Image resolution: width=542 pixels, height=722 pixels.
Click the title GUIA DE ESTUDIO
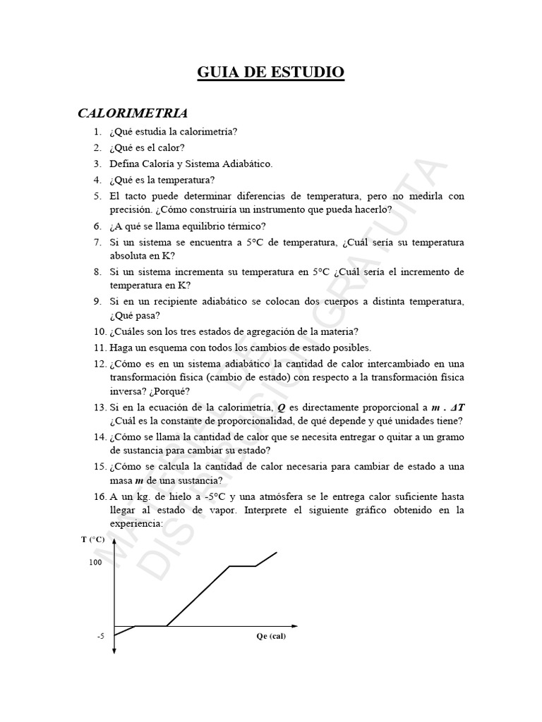[270, 72]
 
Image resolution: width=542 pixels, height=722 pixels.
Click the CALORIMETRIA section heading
[132, 113]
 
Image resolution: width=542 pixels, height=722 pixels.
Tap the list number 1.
[96, 132]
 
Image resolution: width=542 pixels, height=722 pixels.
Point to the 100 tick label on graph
[95, 563]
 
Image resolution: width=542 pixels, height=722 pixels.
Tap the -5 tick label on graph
[100, 635]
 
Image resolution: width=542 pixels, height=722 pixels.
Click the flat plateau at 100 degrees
[242, 565]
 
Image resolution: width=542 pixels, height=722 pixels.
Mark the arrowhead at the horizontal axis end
[299, 625]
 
